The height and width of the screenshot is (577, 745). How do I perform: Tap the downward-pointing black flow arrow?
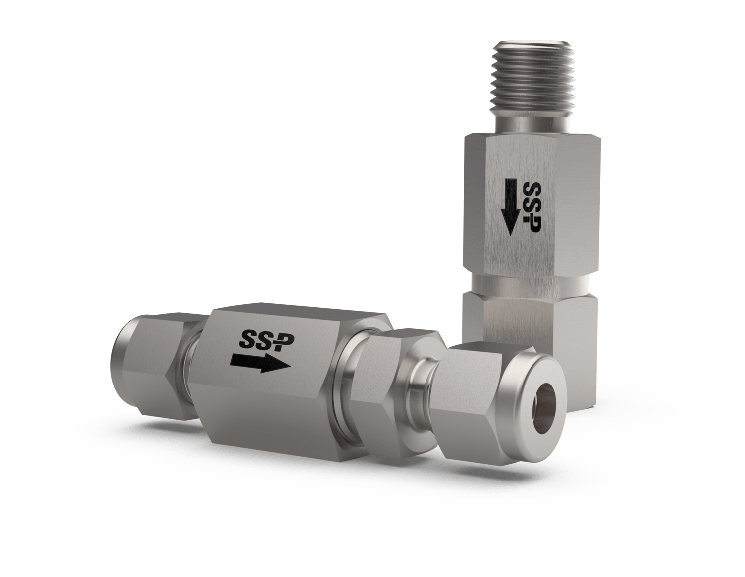pos(511,206)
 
